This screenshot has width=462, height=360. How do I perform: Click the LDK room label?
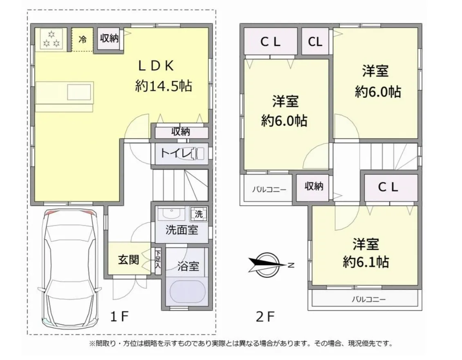pyautogui.click(x=156, y=66)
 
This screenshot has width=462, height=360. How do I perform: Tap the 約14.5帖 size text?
pyautogui.click(x=164, y=86)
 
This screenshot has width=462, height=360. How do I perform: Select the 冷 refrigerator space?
pyautogui.click(x=83, y=40)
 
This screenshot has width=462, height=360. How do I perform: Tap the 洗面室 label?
pyautogui.click(x=182, y=230)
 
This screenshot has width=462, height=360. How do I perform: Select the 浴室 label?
pyautogui.click(x=188, y=266)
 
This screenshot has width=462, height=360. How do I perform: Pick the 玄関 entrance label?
pyautogui.click(x=129, y=260)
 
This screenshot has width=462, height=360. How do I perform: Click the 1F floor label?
pyautogui.click(x=119, y=317)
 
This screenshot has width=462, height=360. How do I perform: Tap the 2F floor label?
pyautogui.click(x=265, y=317)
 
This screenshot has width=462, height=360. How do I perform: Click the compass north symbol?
pyautogui.click(x=267, y=264)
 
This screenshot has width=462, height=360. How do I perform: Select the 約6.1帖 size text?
pyautogui.click(x=366, y=262)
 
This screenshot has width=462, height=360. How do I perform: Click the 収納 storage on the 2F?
pyautogui.click(x=314, y=186)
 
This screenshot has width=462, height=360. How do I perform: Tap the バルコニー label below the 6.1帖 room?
pyautogui.click(x=369, y=300)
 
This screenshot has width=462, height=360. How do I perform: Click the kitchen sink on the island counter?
pyautogui.click(x=79, y=92)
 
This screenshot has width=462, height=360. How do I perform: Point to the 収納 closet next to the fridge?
pyautogui.click(x=109, y=38)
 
